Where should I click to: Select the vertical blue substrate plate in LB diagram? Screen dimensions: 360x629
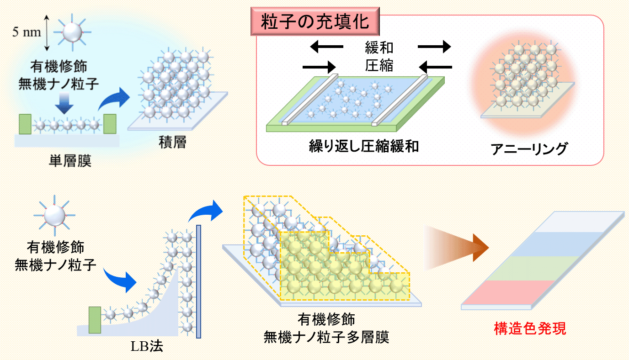[x=198, y=281]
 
